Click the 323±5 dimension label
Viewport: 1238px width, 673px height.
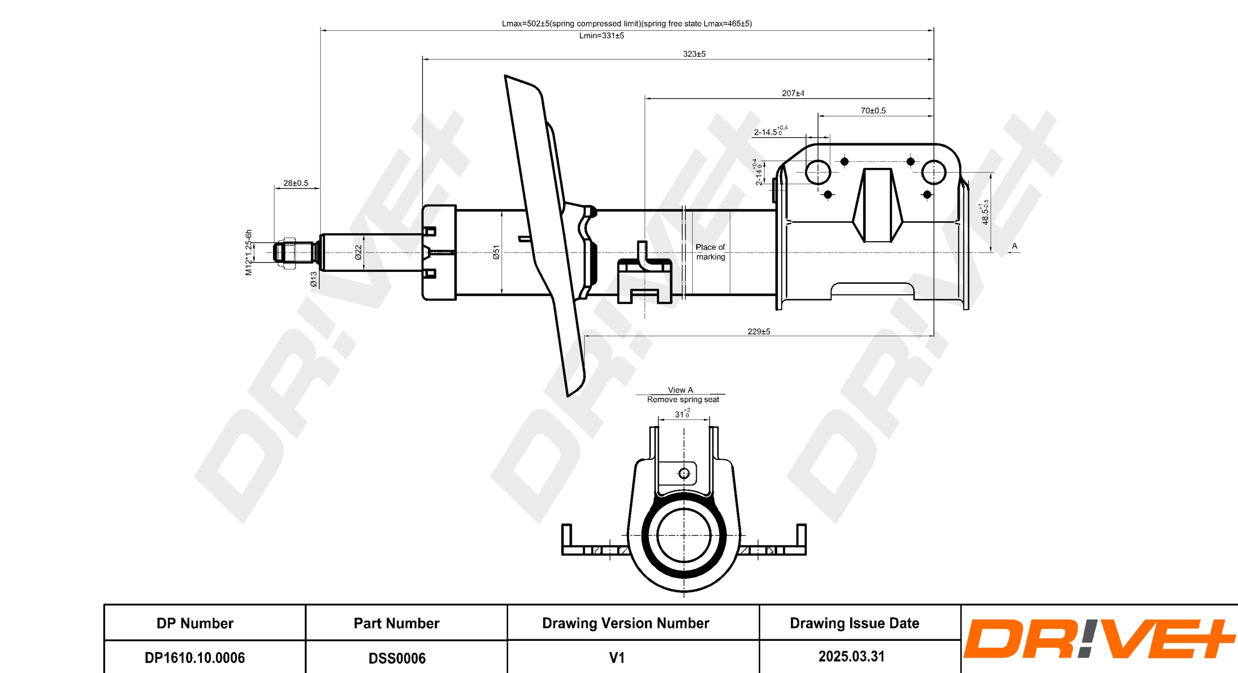tap(694, 54)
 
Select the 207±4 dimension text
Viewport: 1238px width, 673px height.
tap(793, 93)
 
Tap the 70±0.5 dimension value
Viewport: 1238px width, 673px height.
tap(873, 110)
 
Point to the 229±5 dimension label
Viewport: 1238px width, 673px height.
tap(759, 331)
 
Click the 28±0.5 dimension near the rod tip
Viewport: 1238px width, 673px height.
tap(296, 183)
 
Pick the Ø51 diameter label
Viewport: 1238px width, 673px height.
tap(496, 252)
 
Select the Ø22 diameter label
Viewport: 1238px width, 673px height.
tap(358, 252)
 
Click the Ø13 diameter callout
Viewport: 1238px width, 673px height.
tap(313, 279)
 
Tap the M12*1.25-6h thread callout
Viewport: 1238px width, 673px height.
tap(249, 252)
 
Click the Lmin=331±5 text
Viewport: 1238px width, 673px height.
tap(601, 36)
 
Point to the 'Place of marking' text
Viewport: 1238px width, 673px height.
tap(710, 252)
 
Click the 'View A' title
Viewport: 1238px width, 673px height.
tap(680, 390)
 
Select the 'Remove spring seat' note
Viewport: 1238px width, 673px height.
tap(683, 399)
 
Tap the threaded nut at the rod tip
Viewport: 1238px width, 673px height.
tap(286, 253)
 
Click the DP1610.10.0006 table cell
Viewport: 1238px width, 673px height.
tap(195, 657)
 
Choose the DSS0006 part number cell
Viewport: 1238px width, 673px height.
tap(397, 658)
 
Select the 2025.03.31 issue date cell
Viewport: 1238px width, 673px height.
tap(851, 656)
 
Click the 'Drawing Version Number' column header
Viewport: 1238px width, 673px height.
tap(625, 623)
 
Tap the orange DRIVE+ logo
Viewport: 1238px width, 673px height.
tap(1098, 639)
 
